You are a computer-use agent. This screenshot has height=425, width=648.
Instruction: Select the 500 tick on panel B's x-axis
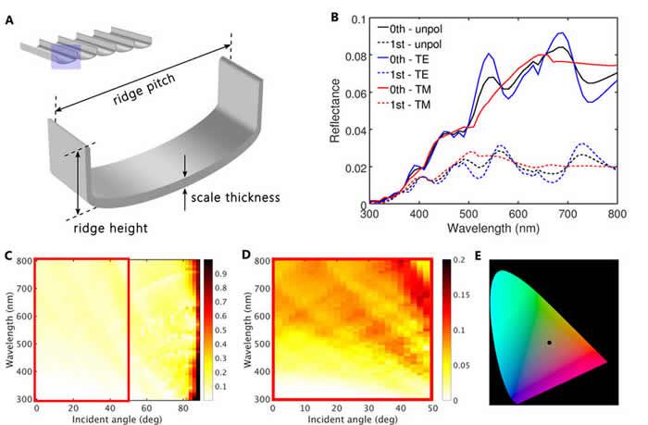click(469, 212)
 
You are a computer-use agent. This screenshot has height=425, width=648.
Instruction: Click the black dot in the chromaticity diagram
click(549, 343)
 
